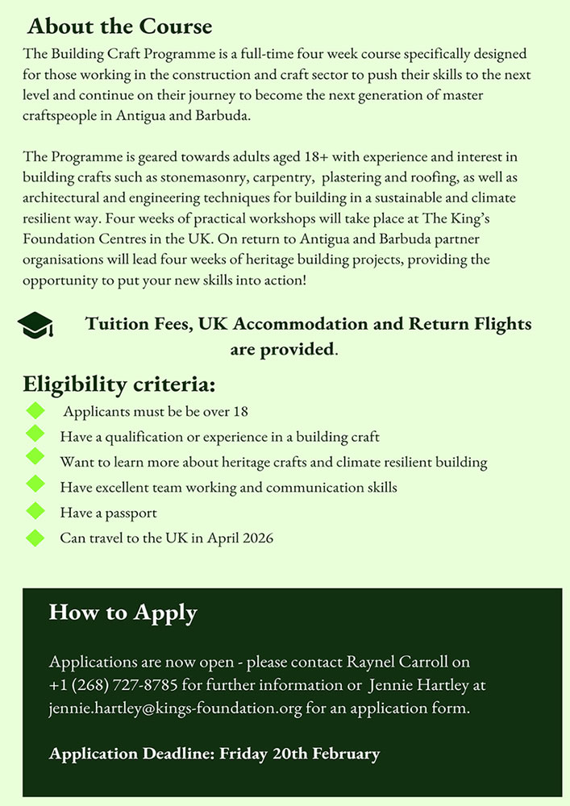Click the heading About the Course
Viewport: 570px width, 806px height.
click(x=119, y=27)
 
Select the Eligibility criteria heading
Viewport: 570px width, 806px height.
click(x=119, y=384)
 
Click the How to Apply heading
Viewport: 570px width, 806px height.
click(x=123, y=612)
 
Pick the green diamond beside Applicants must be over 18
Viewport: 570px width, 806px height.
click(x=35, y=410)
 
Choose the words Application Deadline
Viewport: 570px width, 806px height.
click(x=131, y=754)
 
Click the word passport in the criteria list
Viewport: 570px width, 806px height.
click(x=129, y=513)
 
